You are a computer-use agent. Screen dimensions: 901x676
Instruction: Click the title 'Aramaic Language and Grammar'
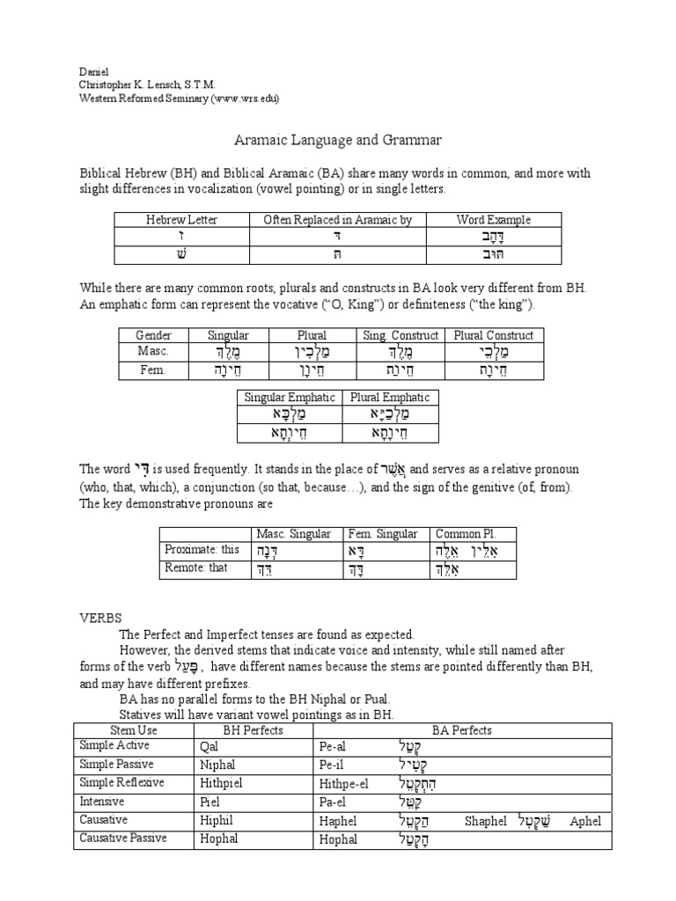click(x=337, y=140)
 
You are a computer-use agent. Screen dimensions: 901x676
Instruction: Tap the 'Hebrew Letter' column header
click(x=181, y=219)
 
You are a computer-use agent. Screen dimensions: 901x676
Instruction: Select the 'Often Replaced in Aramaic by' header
click(x=339, y=219)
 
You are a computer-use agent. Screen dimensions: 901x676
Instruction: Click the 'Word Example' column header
click(x=493, y=219)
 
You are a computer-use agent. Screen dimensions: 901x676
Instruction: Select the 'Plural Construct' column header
click(x=494, y=335)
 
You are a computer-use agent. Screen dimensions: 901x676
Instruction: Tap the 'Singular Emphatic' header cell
click(x=287, y=397)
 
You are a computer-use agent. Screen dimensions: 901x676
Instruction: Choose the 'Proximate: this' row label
click(x=202, y=550)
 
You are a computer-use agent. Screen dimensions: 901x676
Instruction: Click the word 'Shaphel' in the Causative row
click(x=485, y=821)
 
